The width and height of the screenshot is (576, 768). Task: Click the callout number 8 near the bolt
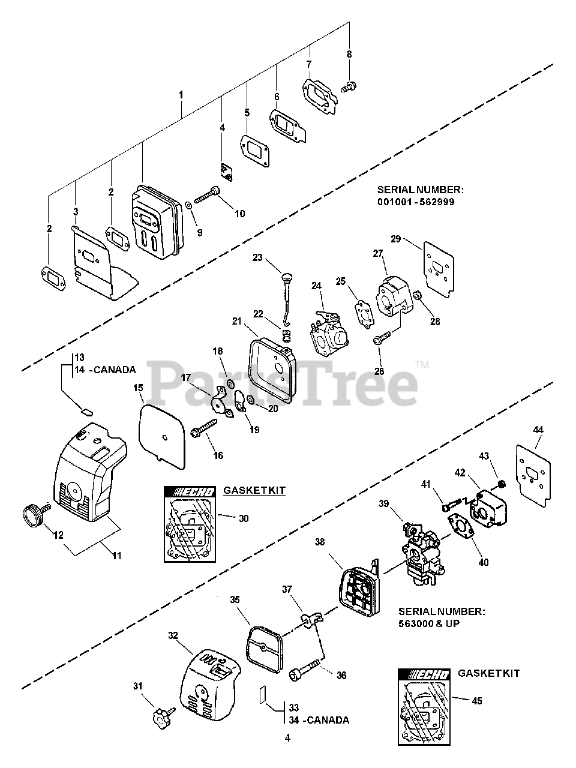(349, 54)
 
